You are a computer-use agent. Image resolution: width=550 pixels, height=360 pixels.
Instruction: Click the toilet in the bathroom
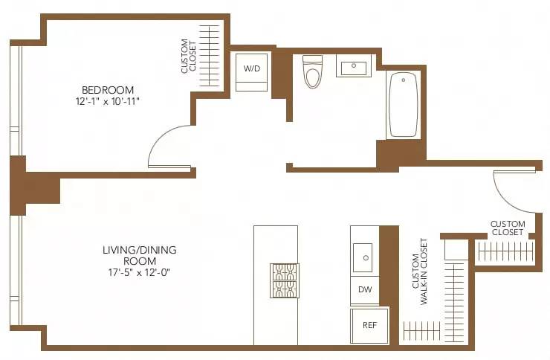click(x=312, y=72)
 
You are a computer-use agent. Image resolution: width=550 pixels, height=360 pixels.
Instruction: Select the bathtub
click(x=404, y=104)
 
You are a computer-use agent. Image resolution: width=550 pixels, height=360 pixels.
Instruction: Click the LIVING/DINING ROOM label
click(x=140, y=250)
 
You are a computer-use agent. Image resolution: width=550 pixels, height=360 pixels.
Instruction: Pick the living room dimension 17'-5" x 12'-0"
click(x=140, y=273)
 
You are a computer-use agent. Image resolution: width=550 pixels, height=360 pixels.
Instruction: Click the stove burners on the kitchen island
click(x=285, y=280)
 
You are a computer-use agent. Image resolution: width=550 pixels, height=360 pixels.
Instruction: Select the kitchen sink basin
click(x=365, y=258)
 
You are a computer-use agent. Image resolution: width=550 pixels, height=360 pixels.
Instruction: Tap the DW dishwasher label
click(x=364, y=289)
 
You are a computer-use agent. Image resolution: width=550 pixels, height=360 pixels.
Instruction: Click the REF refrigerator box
click(x=369, y=325)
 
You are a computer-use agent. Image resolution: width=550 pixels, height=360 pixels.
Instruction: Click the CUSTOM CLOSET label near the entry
click(x=508, y=228)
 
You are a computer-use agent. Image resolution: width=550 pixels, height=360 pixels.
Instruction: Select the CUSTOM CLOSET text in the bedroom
click(x=190, y=57)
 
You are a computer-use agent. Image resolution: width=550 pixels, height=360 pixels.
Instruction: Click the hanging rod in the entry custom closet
click(x=505, y=253)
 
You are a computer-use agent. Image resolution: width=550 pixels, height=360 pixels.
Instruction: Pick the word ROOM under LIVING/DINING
click(x=140, y=261)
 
